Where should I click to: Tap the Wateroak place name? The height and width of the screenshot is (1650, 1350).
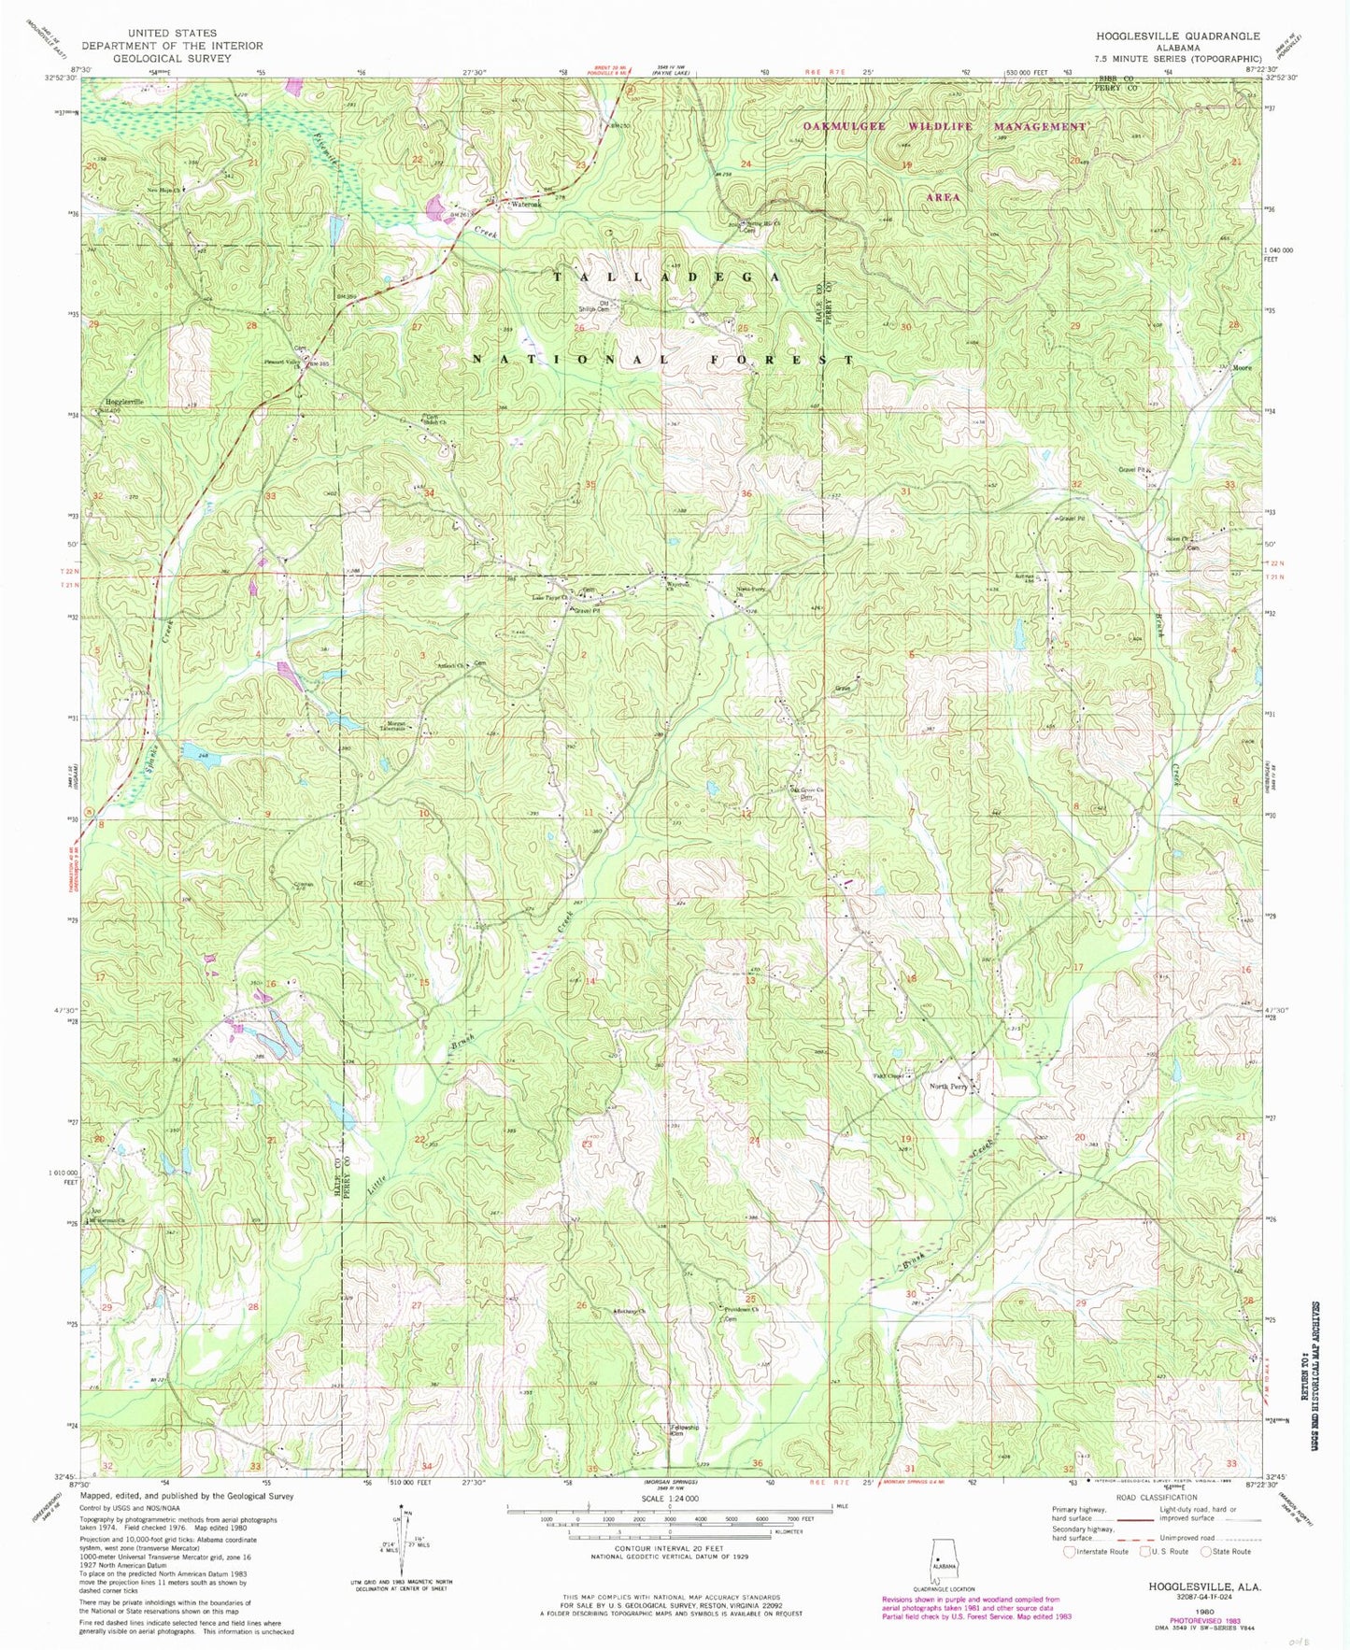tap(525, 205)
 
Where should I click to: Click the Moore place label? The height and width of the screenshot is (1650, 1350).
tap(1242, 367)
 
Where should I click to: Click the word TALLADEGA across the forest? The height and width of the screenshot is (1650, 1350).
tap(665, 277)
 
